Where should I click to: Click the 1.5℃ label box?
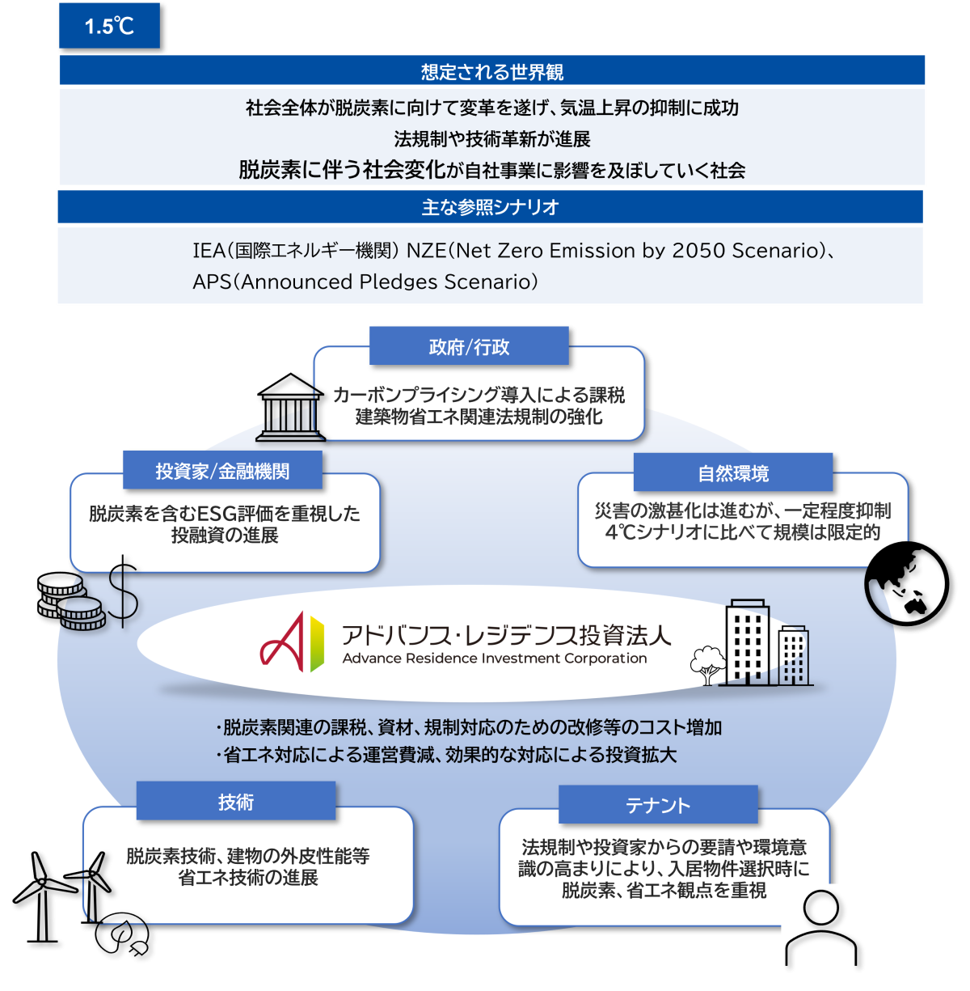click(109, 26)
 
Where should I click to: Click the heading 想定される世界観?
click(491, 72)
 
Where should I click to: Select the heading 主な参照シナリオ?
click(490, 207)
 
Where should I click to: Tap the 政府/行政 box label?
click(469, 347)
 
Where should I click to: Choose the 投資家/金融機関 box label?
click(222, 471)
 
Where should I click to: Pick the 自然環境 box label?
click(732, 473)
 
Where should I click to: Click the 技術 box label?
click(235, 802)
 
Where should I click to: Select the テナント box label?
click(657, 805)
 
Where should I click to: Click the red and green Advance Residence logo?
click(292, 642)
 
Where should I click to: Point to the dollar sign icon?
click(123, 592)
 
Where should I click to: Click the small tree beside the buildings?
click(707, 663)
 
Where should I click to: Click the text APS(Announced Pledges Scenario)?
click(365, 282)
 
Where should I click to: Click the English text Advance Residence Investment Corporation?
click(494, 659)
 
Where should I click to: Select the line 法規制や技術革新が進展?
click(491, 139)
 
